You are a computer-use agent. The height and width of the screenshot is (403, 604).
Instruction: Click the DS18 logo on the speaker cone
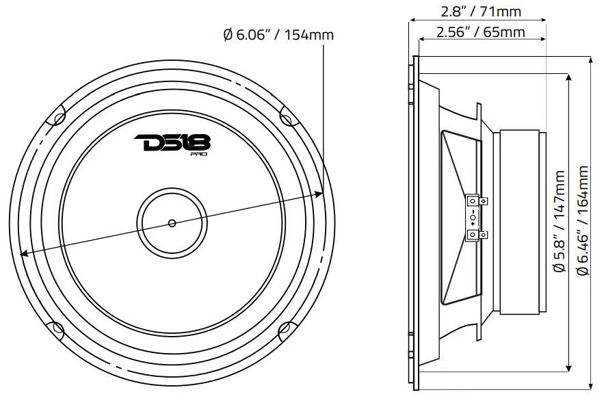(x=172, y=144)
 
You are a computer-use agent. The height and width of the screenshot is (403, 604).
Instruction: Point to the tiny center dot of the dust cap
(x=171, y=222)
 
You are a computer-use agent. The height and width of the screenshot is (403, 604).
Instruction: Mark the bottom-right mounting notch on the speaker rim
(x=287, y=330)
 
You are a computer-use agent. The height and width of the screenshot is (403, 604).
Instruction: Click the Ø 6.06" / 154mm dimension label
(x=278, y=34)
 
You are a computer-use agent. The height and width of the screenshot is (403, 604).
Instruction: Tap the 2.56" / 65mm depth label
(x=471, y=32)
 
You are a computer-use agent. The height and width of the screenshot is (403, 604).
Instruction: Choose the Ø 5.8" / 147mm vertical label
(x=560, y=222)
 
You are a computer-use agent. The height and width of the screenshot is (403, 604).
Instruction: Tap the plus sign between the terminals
(x=472, y=224)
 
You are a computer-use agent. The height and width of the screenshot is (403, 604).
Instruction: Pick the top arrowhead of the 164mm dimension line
(x=590, y=60)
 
